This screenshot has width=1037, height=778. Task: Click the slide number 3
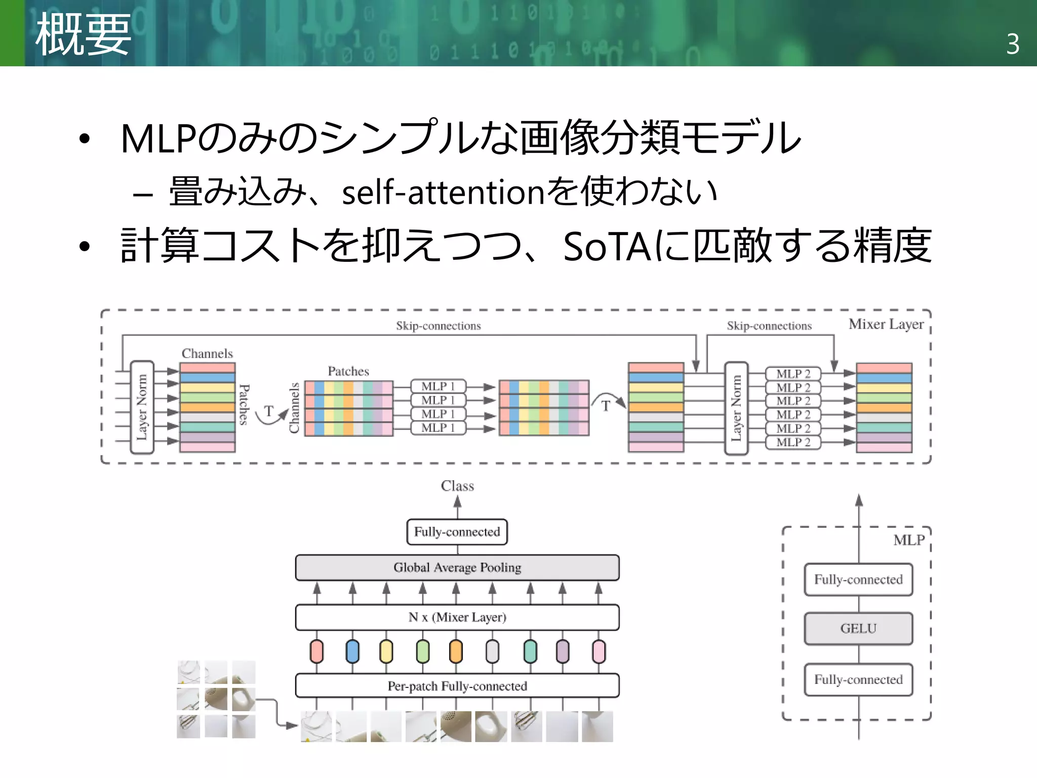tap(1013, 45)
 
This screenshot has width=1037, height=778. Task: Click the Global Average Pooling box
tap(457, 567)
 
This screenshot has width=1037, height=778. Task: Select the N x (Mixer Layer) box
tap(457, 617)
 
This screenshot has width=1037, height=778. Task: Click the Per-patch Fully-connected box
tap(457, 686)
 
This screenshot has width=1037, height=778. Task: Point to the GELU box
tap(858, 629)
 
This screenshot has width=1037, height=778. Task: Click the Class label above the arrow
tap(457, 486)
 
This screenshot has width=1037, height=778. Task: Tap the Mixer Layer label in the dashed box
tap(886, 324)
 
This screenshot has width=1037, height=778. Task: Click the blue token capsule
tap(352, 651)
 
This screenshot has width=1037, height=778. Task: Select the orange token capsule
tap(456, 651)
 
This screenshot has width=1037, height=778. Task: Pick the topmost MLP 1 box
tap(438, 386)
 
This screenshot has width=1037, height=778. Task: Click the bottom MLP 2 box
tap(793, 442)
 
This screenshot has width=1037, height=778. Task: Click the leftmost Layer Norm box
tap(142, 407)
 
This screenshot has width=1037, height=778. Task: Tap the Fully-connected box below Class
tap(457, 532)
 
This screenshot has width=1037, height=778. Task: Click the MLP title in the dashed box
tap(909, 540)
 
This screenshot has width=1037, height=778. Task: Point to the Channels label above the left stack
tap(207, 354)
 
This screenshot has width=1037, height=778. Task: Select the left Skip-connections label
tap(438, 326)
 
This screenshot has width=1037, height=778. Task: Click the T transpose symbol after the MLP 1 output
tap(606, 406)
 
